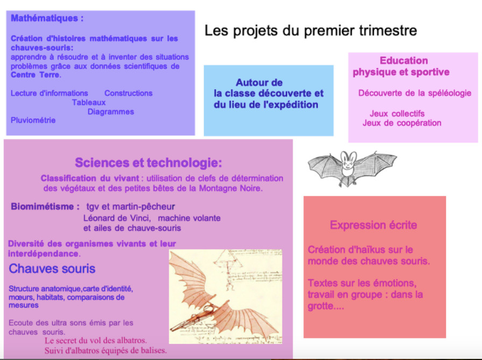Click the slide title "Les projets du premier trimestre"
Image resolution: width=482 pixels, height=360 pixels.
pyautogui.click(x=310, y=31)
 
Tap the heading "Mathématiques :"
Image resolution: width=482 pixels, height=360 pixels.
pyautogui.click(x=47, y=18)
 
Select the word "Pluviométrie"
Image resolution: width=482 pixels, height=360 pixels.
pyautogui.click(x=33, y=120)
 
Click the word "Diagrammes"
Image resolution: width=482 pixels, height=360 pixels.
pyautogui.click(x=111, y=111)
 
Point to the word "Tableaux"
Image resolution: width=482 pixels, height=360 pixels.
pyautogui.click(x=89, y=102)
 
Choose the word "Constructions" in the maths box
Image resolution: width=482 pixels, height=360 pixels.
pyautogui.click(x=129, y=93)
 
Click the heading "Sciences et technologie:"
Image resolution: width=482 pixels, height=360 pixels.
pyautogui.click(x=148, y=163)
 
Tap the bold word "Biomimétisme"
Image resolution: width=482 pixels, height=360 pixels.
pyautogui.click(x=42, y=206)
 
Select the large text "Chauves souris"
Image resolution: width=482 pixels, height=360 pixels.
pyautogui.click(x=52, y=269)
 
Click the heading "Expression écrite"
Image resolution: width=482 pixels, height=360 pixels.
pyautogui.click(x=373, y=225)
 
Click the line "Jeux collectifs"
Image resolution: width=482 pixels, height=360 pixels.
pyautogui.click(x=397, y=114)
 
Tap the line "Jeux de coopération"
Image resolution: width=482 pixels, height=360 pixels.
pyautogui.click(x=402, y=123)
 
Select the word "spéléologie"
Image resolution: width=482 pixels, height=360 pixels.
pyautogui.click(x=449, y=93)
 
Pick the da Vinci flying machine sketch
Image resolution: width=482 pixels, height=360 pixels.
pyautogui.click(x=225, y=297)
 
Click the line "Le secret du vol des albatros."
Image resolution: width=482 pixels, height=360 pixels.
pyautogui.click(x=96, y=341)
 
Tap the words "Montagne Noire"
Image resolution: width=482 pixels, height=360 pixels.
pyautogui.click(x=231, y=188)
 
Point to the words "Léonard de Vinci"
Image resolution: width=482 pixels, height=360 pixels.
pyautogui.click(x=117, y=218)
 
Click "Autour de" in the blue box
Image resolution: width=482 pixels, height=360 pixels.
pyautogui.click(x=259, y=82)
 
